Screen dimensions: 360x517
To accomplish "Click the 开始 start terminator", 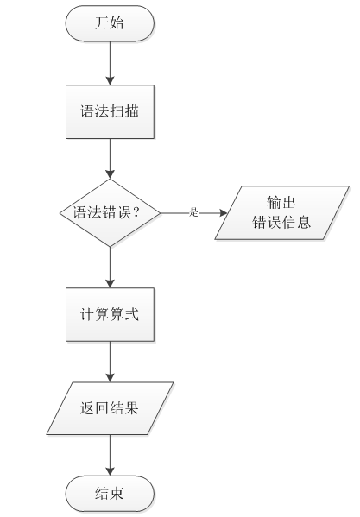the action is coord(110,23).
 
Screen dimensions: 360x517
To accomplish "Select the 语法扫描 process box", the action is coord(110,112).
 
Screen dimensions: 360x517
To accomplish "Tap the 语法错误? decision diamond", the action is coord(110,213).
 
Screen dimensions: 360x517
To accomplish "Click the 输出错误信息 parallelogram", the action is coord(281,212).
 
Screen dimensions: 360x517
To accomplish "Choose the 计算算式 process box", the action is coord(110,314).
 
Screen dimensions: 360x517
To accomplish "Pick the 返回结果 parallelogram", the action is coord(110,408).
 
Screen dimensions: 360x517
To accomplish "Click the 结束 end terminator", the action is coord(110,494).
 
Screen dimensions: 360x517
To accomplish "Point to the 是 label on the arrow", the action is coord(193,212).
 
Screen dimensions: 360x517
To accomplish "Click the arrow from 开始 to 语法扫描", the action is coord(110,63).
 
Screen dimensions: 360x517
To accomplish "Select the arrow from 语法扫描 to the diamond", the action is coord(110,159).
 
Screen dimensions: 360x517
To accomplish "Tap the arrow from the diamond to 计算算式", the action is coord(110,268).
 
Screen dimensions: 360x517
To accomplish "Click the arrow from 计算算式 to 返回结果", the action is coord(110,362).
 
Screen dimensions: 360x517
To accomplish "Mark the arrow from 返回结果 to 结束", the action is coord(110,456).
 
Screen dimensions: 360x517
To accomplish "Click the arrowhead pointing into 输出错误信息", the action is coord(224,213).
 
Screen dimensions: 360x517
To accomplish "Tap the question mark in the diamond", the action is coord(136,212).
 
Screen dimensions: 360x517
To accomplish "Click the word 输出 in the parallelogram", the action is coord(281,203).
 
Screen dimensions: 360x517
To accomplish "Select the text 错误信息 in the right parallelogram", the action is coord(281,222).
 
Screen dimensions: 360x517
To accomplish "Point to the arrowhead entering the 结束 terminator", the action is coord(110,472).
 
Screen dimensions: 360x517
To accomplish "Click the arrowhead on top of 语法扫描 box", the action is coord(110,81).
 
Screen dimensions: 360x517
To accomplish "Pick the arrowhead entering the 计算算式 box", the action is coord(110,284).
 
